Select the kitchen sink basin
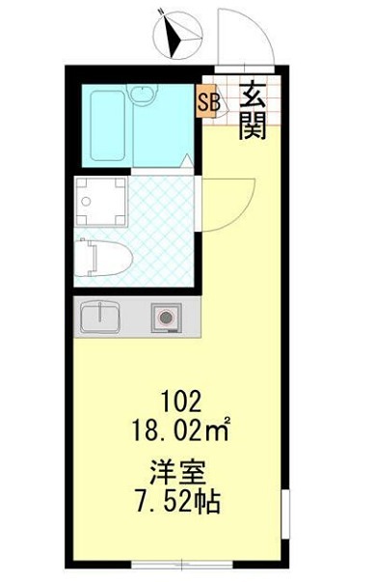(x=98, y=316)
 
